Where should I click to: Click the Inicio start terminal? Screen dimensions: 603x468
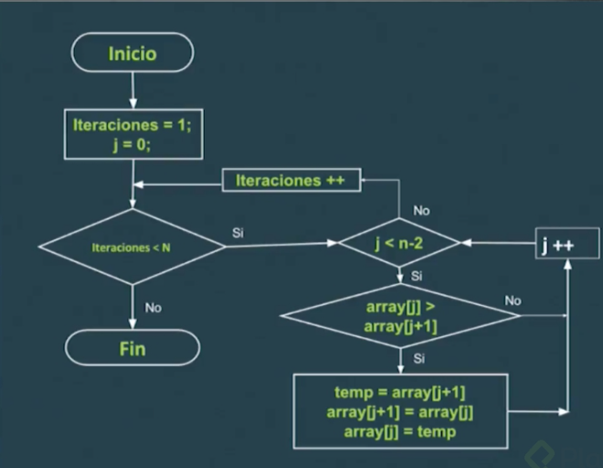(x=132, y=52)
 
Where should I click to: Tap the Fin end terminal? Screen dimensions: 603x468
(x=132, y=347)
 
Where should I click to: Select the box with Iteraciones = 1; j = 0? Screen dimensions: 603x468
(x=133, y=134)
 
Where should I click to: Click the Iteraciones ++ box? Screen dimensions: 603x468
(x=291, y=180)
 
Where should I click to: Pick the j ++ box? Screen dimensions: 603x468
(x=567, y=243)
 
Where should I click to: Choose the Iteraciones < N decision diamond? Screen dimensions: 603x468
(x=132, y=247)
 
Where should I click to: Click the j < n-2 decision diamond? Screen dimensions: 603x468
(x=399, y=243)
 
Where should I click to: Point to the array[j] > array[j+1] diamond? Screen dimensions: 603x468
(x=400, y=316)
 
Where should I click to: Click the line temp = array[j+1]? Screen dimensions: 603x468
(x=400, y=392)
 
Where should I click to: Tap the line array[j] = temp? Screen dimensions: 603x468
(x=400, y=431)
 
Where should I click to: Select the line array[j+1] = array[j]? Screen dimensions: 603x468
(x=400, y=412)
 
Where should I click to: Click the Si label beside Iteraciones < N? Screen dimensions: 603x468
(x=238, y=233)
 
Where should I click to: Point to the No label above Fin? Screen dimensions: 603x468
(x=153, y=307)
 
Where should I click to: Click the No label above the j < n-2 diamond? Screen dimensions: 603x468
(x=421, y=210)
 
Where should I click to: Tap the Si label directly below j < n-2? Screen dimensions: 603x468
(x=417, y=276)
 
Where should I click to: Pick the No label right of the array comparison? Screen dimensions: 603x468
(x=513, y=301)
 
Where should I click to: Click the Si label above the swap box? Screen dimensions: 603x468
(x=418, y=358)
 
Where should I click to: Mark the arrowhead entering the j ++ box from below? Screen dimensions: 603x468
(x=567, y=263)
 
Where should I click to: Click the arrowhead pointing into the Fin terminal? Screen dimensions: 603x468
(x=132, y=324)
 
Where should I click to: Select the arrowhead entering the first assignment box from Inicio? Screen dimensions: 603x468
(x=133, y=104)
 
